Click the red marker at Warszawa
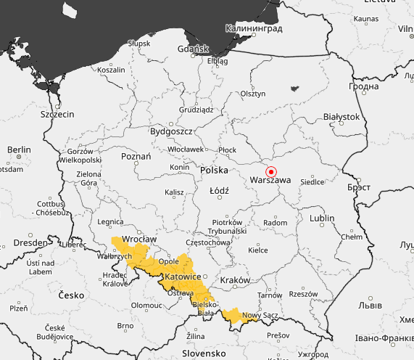click(271, 172)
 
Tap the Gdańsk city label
click(193, 49)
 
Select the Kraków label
click(236, 279)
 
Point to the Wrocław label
click(140, 239)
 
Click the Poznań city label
click(136, 156)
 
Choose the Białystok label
click(341, 116)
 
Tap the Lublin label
click(322, 218)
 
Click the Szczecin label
click(57, 115)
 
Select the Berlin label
click(19, 150)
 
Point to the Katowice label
click(182, 277)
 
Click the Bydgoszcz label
click(170, 131)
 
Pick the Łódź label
click(219, 191)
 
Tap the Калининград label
click(254, 28)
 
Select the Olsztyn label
click(254, 94)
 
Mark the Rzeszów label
click(302, 294)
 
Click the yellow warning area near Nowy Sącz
click(233, 315)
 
